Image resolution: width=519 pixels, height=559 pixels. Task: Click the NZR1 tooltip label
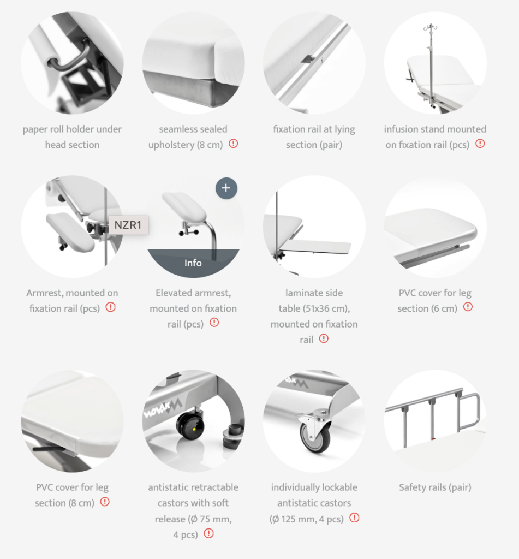[128, 225]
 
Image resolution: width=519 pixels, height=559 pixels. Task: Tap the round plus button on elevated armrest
[226, 188]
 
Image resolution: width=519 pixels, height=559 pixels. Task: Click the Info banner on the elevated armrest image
[193, 263]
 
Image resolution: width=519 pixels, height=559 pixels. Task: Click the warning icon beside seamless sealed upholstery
[233, 144]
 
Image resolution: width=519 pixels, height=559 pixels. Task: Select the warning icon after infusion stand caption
[480, 144]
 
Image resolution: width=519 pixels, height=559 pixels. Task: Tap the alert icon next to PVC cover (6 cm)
[468, 307]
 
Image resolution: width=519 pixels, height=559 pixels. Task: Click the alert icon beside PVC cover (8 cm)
[105, 502]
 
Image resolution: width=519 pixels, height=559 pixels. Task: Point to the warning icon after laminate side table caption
[324, 338]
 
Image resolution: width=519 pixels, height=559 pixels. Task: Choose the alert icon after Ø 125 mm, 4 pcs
[354, 518]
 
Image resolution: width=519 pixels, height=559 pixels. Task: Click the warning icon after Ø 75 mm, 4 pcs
[208, 533]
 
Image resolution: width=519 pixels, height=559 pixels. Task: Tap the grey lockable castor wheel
[316, 436]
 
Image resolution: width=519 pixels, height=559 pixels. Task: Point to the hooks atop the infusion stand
[431, 27]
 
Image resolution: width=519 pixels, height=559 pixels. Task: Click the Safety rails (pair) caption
[435, 487]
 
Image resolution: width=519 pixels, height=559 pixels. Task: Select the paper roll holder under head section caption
[73, 136]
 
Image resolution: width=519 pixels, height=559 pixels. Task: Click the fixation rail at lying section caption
[314, 136]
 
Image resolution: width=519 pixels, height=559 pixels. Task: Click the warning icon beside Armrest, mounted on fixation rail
[110, 307]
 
